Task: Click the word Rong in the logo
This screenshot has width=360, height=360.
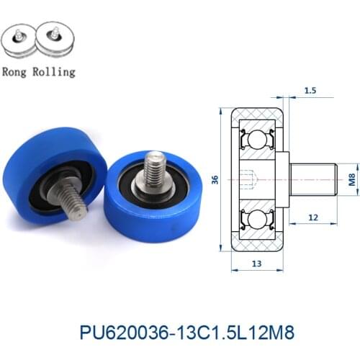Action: click(16, 73)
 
